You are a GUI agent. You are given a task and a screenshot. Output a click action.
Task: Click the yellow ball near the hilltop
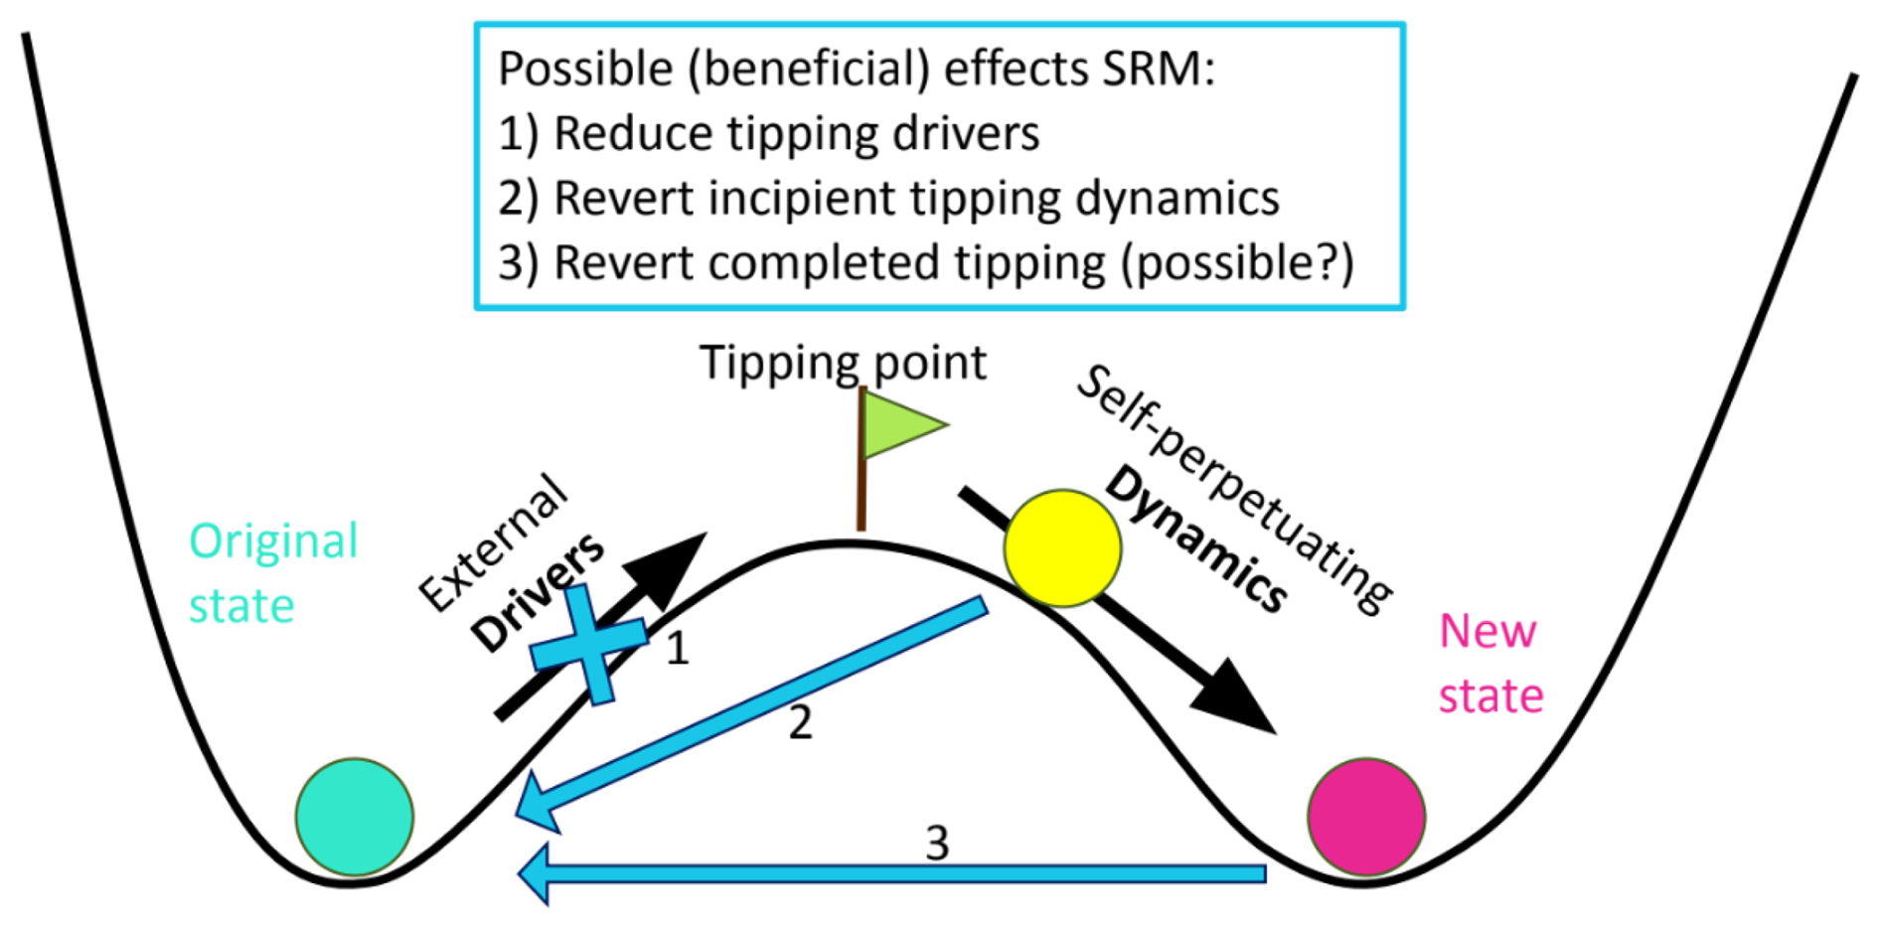[1062, 547]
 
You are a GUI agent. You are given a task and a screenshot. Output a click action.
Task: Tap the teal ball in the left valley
[355, 817]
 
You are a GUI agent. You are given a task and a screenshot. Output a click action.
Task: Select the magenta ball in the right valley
[1366, 817]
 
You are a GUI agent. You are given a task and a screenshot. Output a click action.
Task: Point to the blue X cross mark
[588, 646]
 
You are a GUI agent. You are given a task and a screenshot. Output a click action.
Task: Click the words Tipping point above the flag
[843, 363]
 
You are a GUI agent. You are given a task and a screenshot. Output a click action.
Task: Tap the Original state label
[273, 573]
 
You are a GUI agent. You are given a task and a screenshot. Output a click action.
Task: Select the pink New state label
[1490, 663]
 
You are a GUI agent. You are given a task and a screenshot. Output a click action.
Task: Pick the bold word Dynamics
[1197, 538]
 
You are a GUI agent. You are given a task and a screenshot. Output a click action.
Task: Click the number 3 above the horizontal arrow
[937, 844]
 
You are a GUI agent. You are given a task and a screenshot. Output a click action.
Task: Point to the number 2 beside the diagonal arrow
[800, 722]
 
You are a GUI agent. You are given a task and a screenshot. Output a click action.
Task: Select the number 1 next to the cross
[678, 648]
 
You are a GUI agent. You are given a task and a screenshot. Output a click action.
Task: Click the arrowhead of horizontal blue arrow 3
[535, 874]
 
